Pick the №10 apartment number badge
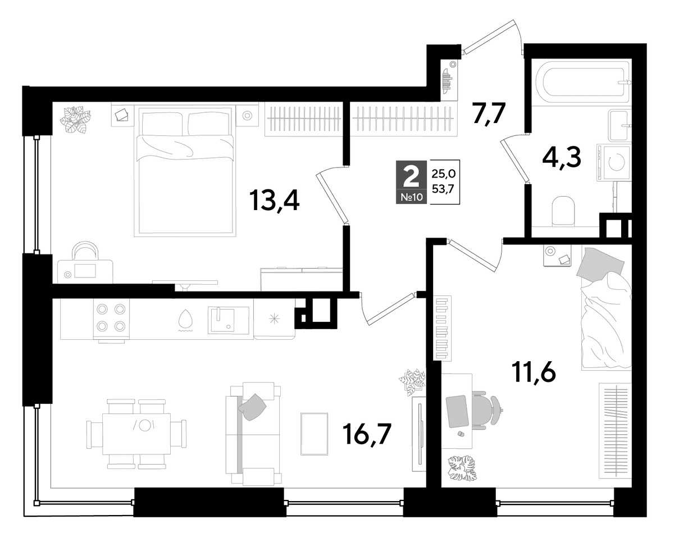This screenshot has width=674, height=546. pyautogui.click(x=412, y=197)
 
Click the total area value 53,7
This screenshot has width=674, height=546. pyautogui.click(x=443, y=189)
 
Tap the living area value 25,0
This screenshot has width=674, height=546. pyautogui.click(x=443, y=174)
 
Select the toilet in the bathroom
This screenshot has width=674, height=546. pyautogui.click(x=563, y=211)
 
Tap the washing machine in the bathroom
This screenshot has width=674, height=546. pyautogui.click(x=613, y=162)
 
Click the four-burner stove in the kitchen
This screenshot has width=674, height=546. pyautogui.click(x=111, y=320)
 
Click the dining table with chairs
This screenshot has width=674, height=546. pyautogui.click(x=136, y=434)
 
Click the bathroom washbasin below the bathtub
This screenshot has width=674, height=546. pyautogui.click(x=620, y=125)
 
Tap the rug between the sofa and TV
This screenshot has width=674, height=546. pyautogui.click(x=314, y=434)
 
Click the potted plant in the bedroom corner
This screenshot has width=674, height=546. pyautogui.click(x=75, y=120)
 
